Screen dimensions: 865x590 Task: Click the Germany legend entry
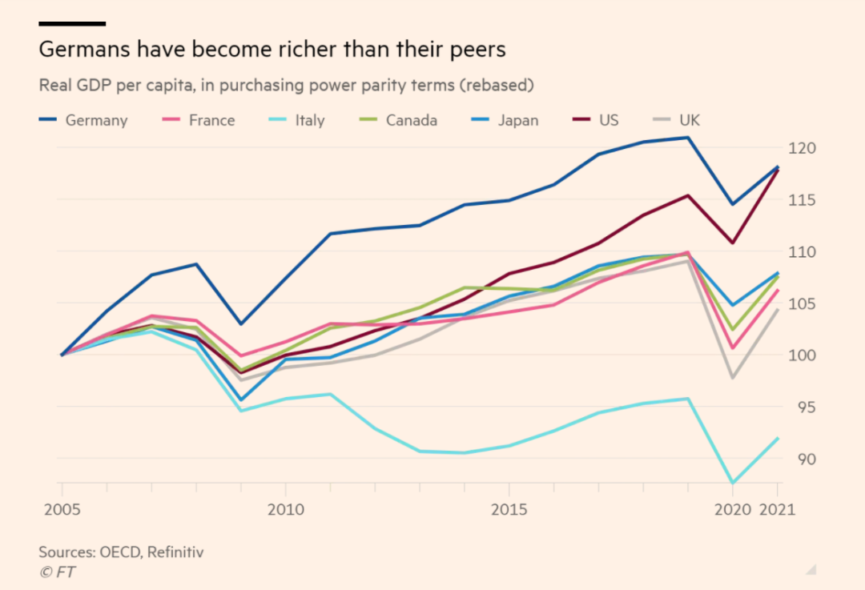(83, 120)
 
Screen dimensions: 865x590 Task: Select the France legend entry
(199, 120)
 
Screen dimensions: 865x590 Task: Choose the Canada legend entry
(398, 120)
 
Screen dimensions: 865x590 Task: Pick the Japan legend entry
(505, 120)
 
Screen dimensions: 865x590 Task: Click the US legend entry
(596, 120)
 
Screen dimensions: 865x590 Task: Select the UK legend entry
(676, 120)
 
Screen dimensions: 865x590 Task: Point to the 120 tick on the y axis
(802, 148)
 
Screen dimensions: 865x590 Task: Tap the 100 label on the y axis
(802, 355)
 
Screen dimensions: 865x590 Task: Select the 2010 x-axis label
(286, 509)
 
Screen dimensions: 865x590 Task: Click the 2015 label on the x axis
(509, 509)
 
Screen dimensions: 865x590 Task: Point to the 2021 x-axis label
(777, 509)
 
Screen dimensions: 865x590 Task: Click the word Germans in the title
(85, 49)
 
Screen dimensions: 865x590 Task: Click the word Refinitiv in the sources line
(175, 552)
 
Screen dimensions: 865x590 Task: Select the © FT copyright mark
(58, 572)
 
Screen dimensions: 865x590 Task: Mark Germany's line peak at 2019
(688, 138)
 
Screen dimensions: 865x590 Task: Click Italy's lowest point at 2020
(733, 483)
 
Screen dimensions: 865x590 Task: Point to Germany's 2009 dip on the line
(241, 323)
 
